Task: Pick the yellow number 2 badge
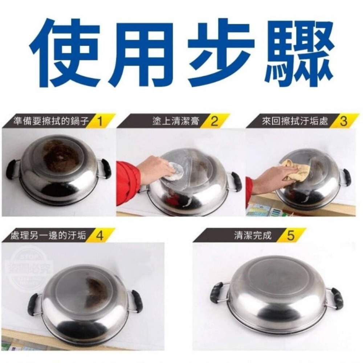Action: (x=215, y=120)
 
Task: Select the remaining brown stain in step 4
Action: (x=95, y=290)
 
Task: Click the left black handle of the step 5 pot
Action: (x=217, y=292)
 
